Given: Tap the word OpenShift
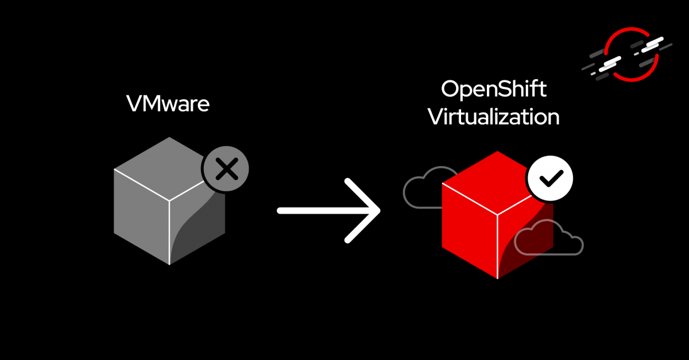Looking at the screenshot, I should [x=493, y=91].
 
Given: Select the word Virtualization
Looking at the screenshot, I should [x=493, y=117].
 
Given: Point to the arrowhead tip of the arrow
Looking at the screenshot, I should [x=379, y=211].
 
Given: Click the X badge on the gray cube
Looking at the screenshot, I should [x=226, y=169].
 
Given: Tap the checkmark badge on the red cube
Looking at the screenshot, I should [x=549, y=179].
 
